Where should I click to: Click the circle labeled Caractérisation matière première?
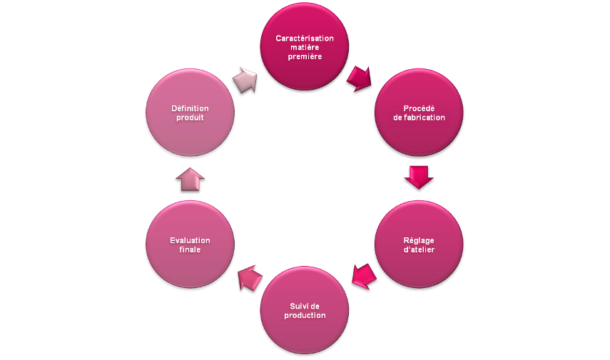coord(305,46)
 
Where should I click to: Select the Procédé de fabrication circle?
coord(419,113)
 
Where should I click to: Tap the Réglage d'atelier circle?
coord(419,245)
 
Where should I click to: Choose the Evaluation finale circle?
coord(190,245)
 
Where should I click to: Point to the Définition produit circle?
coord(190,113)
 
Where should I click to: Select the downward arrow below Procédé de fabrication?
coord(419,178)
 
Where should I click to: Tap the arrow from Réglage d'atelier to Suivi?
coord(363,277)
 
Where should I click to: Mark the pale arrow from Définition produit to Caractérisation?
coord(245,80)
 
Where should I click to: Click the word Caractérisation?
coord(305,38)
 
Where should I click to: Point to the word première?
coord(305,56)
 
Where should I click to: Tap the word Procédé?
coord(419,108)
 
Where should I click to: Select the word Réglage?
coord(419,240)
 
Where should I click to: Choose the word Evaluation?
coord(190,240)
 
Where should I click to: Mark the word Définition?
coord(190,108)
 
